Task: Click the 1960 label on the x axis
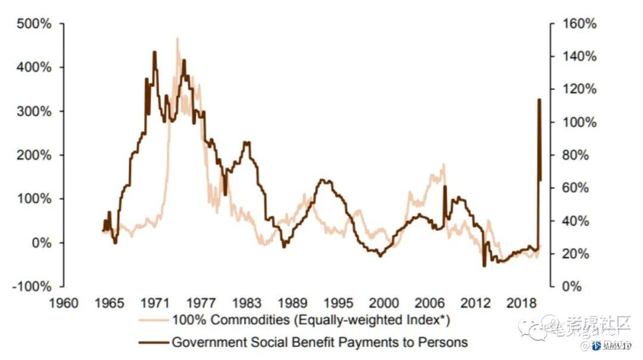tap(64, 302)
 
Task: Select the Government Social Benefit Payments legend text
tap(320, 342)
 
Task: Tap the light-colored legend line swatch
tap(154, 320)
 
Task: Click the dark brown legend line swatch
tap(154, 342)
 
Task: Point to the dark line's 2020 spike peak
tap(539, 99)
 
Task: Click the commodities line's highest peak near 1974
tap(177, 39)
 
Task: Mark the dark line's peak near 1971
tap(155, 52)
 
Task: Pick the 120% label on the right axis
tap(576, 89)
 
